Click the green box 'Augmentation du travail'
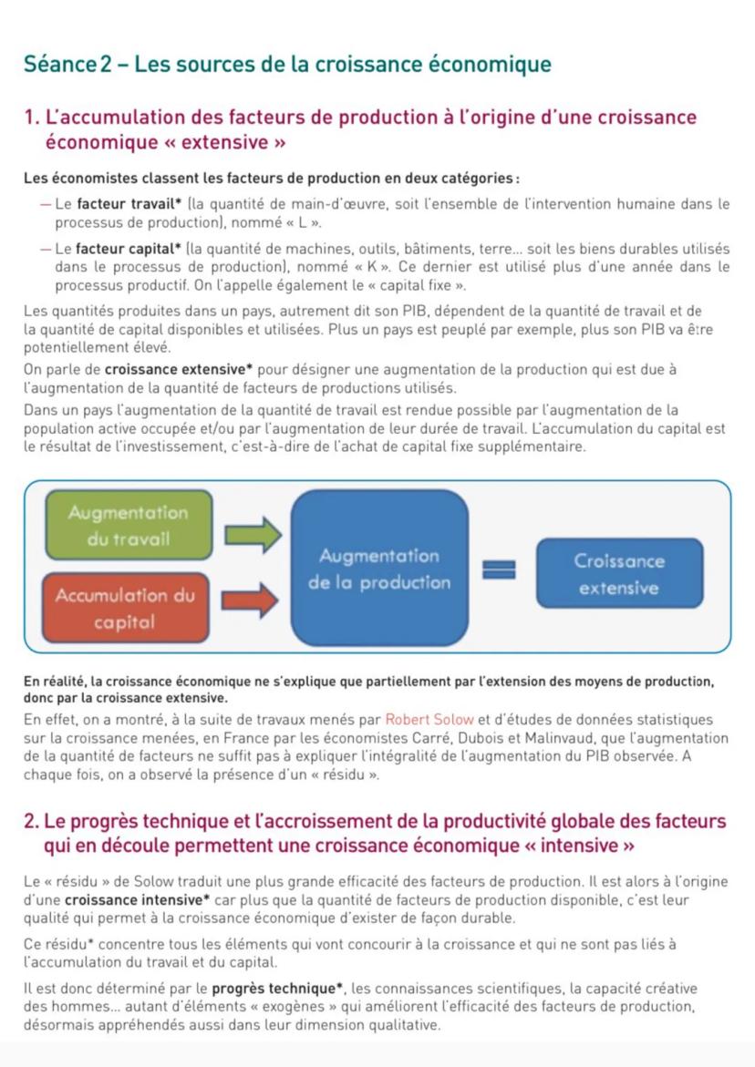click(x=128, y=525)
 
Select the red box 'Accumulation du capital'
click(x=125, y=609)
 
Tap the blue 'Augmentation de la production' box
click(x=378, y=569)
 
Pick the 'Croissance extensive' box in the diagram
click(x=619, y=574)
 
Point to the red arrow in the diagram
click(x=250, y=600)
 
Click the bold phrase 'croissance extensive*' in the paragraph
click(x=182, y=370)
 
